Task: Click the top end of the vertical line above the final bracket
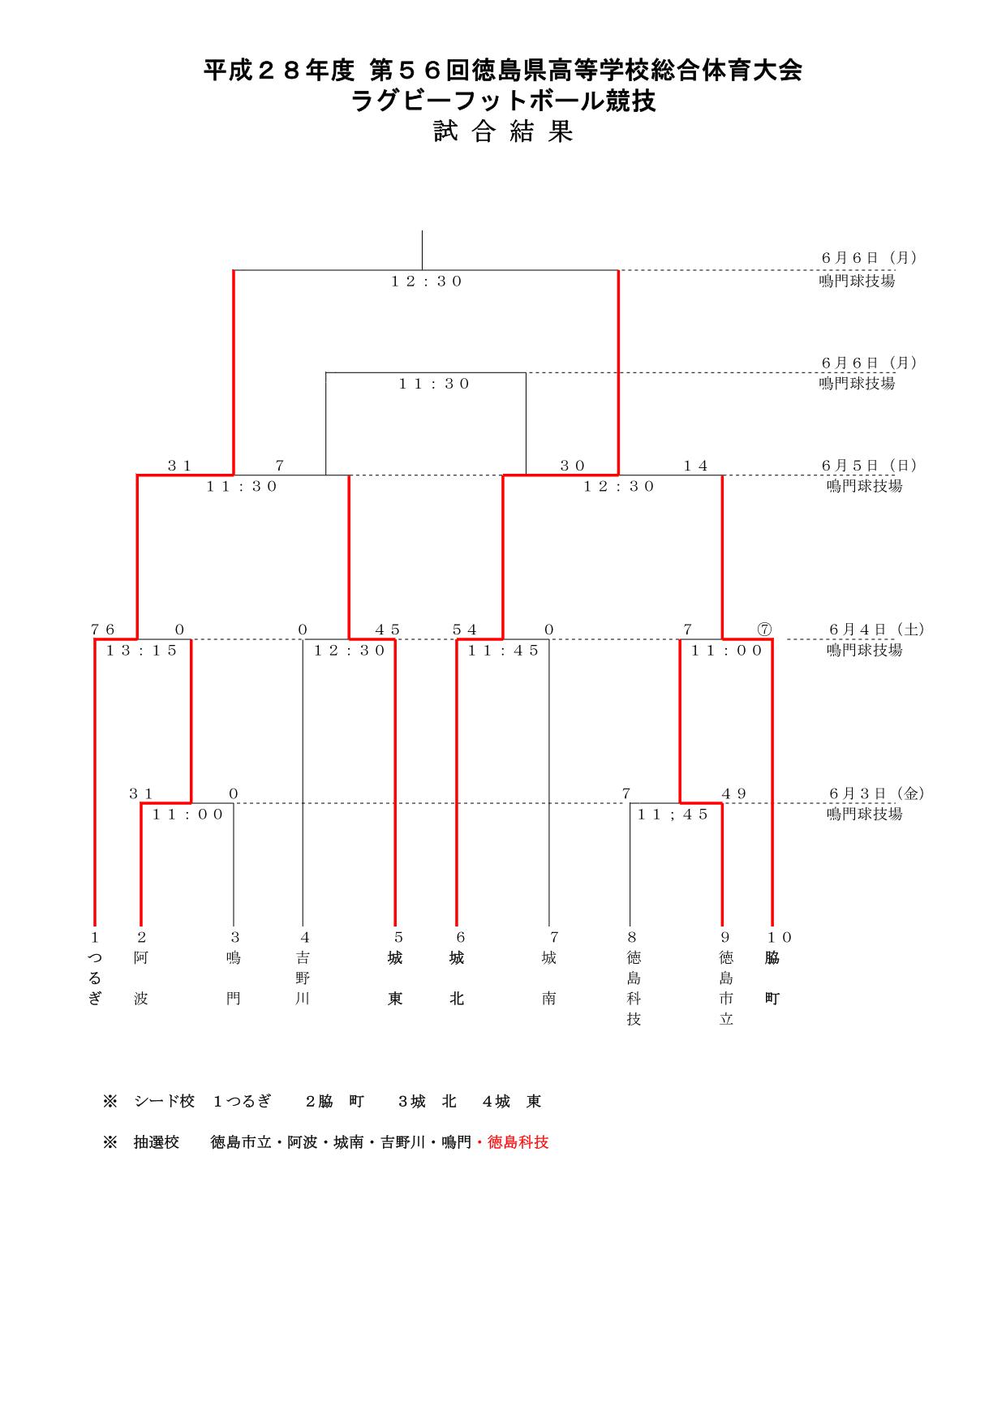click(x=422, y=231)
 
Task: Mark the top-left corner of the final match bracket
click(x=234, y=270)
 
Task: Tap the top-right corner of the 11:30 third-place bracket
click(x=526, y=373)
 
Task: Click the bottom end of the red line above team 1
click(x=95, y=925)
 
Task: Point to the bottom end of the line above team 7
click(x=549, y=925)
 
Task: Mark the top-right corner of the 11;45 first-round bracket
click(x=722, y=803)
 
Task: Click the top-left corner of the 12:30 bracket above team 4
click(x=303, y=639)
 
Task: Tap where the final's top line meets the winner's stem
click(x=422, y=270)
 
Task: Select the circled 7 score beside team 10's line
click(x=763, y=630)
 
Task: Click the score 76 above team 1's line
click(x=103, y=630)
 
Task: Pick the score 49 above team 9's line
click(x=733, y=793)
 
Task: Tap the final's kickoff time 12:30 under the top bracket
click(x=426, y=282)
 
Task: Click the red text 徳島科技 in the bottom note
click(x=518, y=1142)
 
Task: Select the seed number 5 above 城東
click(x=398, y=938)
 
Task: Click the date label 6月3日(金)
click(x=877, y=793)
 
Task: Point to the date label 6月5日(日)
click(x=869, y=466)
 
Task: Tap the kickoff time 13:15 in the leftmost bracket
click(x=142, y=651)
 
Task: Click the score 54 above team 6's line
click(x=465, y=630)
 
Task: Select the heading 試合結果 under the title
click(x=503, y=132)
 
